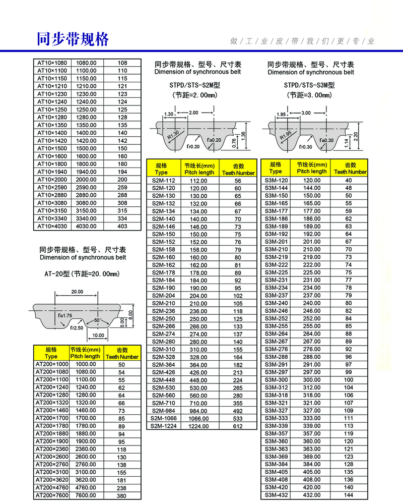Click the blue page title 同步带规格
[x=73, y=39]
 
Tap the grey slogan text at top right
[x=302, y=41]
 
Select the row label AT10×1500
[x=52, y=148]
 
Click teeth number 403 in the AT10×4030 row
[x=122, y=226]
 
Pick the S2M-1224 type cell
[x=163, y=426]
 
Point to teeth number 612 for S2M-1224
[x=238, y=426]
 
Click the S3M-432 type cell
[x=276, y=495]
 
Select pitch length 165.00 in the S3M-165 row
[x=311, y=203]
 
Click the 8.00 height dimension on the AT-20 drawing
[x=131, y=314]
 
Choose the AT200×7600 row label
[x=51, y=495]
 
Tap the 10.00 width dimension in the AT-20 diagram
[x=98, y=335]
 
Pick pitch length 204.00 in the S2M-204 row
[x=198, y=296]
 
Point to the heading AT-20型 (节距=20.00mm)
[x=82, y=274]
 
